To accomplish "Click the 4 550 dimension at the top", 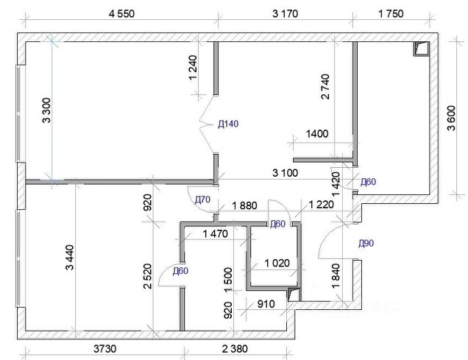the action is (121, 14).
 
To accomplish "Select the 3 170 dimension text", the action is (285, 14).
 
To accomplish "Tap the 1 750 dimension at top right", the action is (391, 14).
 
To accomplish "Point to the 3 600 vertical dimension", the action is (452, 118).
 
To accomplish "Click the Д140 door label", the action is (228, 124).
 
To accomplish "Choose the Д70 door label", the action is (202, 200).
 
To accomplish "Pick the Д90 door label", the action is (366, 244).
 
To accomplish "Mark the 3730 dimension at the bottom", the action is (104, 348).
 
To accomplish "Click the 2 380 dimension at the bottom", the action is (235, 348).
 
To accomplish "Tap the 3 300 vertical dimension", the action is (47, 110).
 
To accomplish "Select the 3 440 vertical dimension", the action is (70, 258).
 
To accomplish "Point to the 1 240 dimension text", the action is (193, 68).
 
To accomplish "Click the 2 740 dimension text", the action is (325, 87).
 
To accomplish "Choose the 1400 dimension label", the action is (317, 133).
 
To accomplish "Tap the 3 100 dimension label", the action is (285, 173).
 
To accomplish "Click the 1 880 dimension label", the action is (244, 205).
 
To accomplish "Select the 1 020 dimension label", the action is (277, 263).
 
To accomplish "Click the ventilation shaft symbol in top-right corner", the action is (421, 49).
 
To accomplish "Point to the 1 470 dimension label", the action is (215, 233).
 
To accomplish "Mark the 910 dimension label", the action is (266, 304).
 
